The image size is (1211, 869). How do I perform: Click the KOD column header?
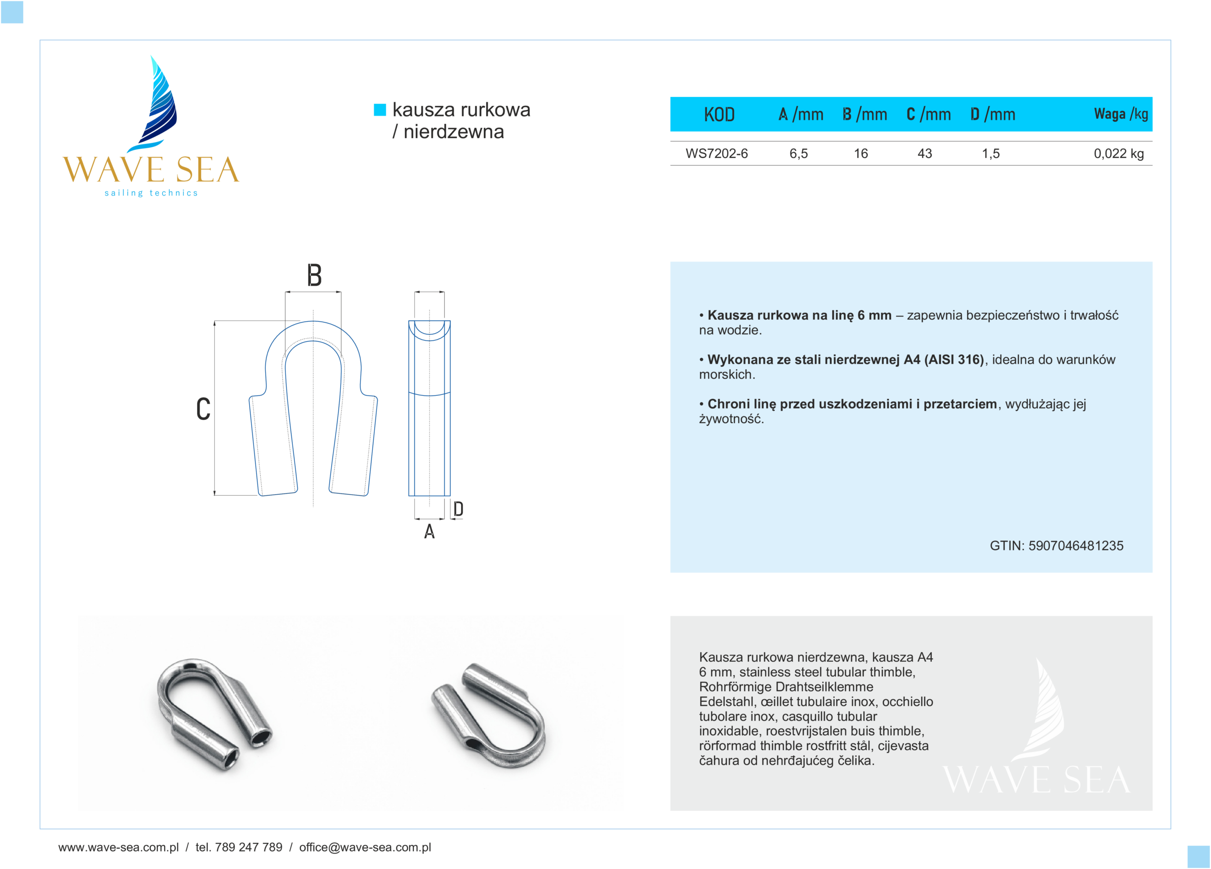click(x=719, y=114)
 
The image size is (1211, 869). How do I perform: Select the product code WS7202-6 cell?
click(x=717, y=154)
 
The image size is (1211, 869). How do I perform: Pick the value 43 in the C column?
click(x=924, y=154)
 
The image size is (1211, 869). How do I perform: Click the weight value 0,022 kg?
click(x=1119, y=154)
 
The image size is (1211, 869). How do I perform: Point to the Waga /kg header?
click(x=1121, y=114)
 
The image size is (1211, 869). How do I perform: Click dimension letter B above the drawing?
click(x=314, y=275)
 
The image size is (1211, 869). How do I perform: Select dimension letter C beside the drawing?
click(x=203, y=409)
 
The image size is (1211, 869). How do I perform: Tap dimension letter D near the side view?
click(x=458, y=509)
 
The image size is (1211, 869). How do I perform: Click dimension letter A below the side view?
click(x=430, y=532)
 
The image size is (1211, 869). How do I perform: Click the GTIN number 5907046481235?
click(x=1075, y=546)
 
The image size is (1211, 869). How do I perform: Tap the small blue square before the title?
click(x=380, y=110)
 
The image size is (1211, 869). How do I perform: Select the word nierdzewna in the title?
click(x=453, y=132)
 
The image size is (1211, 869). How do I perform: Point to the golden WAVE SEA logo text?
click(x=151, y=170)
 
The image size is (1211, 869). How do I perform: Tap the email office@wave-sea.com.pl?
click(x=365, y=847)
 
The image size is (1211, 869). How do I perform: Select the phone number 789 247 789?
click(x=248, y=847)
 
